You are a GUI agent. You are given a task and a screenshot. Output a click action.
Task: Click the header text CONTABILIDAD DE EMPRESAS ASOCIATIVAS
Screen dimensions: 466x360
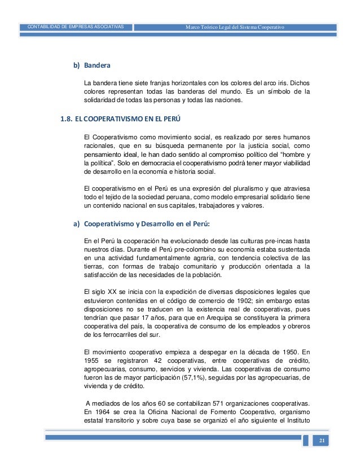tap(76, 27)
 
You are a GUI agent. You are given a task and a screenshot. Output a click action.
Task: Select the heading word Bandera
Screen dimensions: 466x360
tap(96, 66)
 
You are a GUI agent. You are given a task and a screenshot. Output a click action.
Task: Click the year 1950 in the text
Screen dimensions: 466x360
tap(280, 344)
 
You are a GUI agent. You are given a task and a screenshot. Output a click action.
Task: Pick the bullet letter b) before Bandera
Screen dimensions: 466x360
tap(76, 66)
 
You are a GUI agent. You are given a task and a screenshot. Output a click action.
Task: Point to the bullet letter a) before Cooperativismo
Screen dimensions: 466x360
tap(76, 223)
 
